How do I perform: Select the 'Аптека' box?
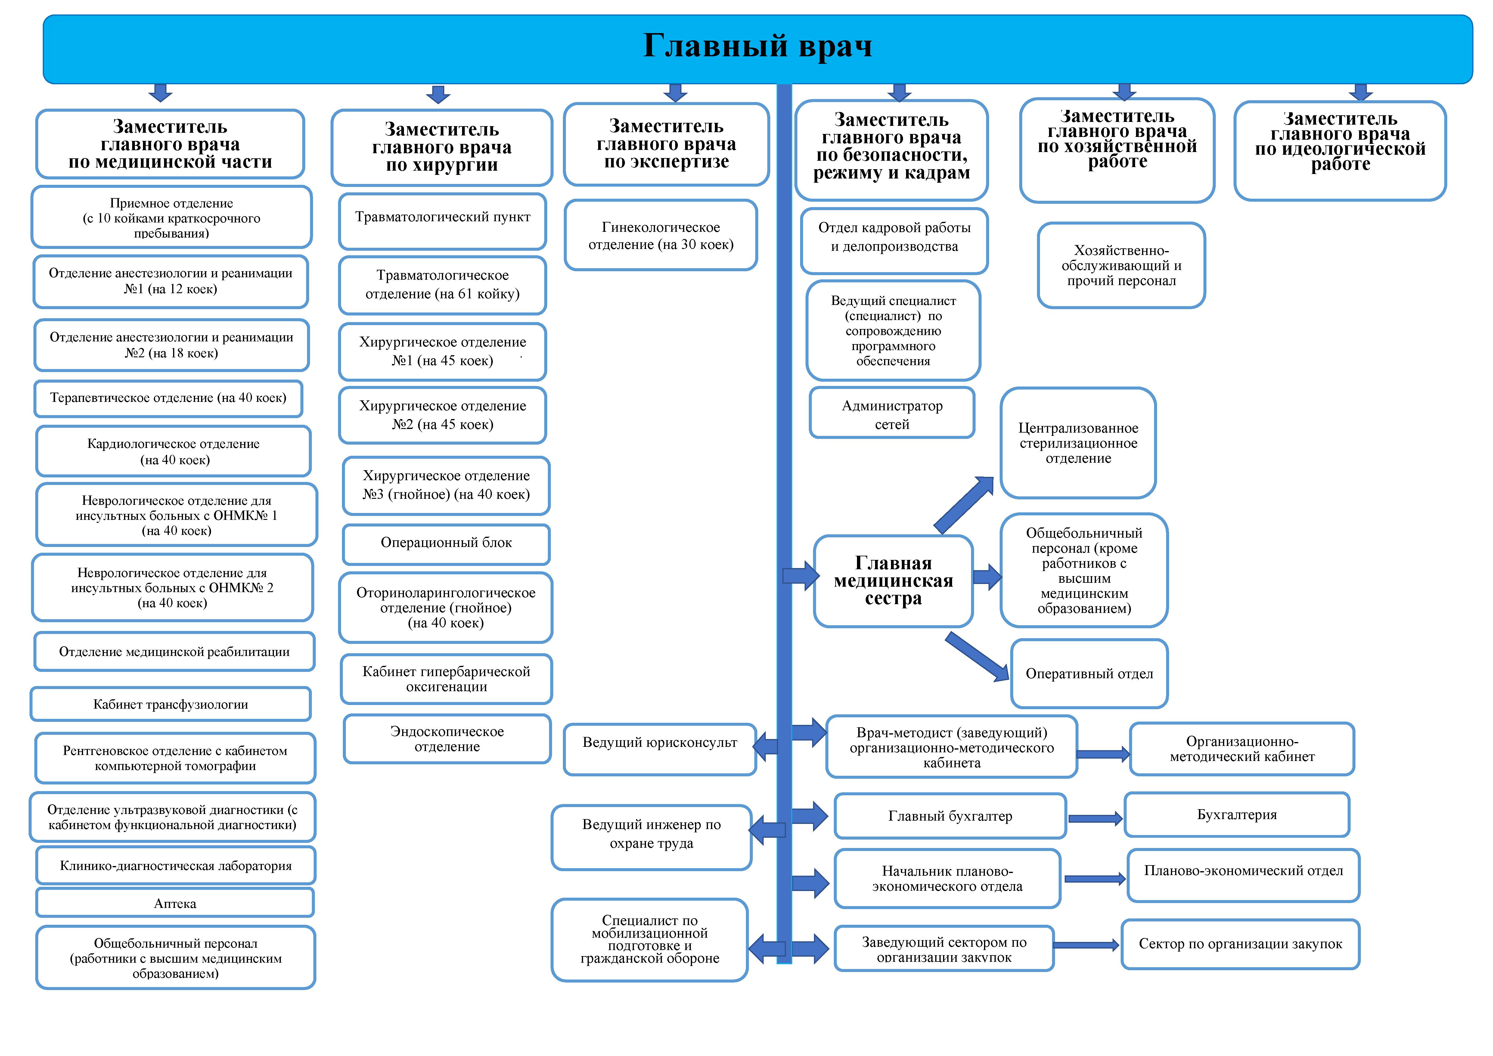pyautogui.click(x=175, y=903)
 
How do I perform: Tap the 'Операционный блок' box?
pyautogui.click(x=446, y=543)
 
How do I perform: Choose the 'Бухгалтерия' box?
pyautogui.click(x=1237, y=815)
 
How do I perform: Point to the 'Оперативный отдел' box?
pyautogui.click(x=1089, y=674)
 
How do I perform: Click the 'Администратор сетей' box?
pyautogui.click(x=892, y=414)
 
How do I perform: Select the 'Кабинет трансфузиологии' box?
pyautogui.click(x=170, y=704)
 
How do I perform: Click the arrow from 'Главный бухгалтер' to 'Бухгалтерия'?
pyautogui.click(x=1095, y=819)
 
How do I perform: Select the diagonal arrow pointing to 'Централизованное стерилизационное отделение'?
pyautogui.click(x=964, y=505)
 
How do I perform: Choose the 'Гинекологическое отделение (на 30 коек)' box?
pyautogui.click(x=661, y=235)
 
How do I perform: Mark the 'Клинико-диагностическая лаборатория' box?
pyautogui.click(x=175, y=865)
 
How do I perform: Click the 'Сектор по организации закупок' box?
pyautogui.click(x=1240, y=944)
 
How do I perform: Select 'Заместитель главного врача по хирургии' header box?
pyautogui.click(x=442, y=148)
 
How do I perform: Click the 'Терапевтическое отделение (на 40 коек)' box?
pyautogui.click(x=169, y=398)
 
